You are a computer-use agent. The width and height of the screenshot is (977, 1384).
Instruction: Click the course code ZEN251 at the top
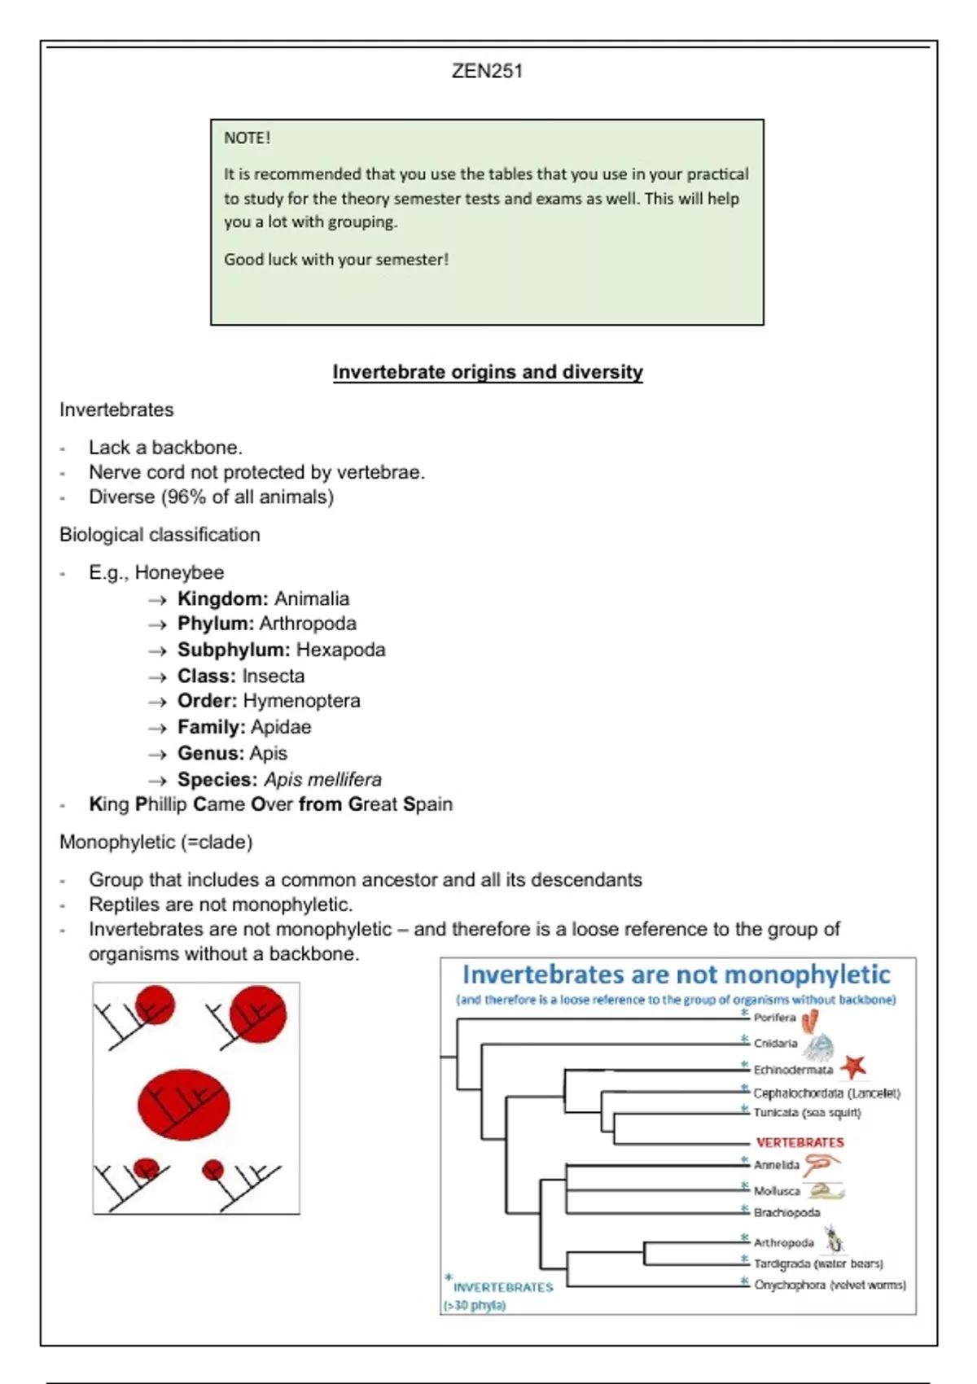pos(487,72)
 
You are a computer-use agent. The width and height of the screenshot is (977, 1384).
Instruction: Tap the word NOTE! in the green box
pos(247,138)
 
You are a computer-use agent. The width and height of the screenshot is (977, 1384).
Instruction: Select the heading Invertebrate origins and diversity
pos(488,372)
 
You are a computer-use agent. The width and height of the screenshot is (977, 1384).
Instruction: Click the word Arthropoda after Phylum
pos(308,624)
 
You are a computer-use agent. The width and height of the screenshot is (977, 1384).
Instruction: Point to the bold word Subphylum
pos(233,650)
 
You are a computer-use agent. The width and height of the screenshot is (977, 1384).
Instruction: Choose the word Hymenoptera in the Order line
pos(302,701)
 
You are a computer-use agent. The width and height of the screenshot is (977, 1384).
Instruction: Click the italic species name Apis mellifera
pos(322,779)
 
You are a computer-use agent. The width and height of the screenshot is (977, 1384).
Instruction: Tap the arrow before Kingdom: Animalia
pos(157,600)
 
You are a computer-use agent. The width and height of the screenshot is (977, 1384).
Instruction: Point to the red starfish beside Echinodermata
pos(852,1066)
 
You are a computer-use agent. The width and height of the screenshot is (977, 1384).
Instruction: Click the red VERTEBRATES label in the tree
pos(800,1142)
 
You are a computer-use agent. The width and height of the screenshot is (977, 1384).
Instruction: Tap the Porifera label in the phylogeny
pos(774,1018)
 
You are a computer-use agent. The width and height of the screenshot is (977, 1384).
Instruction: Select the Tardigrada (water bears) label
pos(818,1264)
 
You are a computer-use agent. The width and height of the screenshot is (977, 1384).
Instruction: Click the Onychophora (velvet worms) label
pos(830,1285)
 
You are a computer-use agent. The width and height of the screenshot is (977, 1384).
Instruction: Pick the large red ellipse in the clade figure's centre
pos(184,1105)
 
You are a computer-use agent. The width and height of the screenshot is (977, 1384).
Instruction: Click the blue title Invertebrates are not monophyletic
pos(676,974)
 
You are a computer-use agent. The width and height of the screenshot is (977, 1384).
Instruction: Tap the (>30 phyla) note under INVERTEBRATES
pos(475,1305)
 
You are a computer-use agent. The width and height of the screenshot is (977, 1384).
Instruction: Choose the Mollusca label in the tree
pos(777,1191)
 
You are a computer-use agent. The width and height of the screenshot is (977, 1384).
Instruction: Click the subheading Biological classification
pos(160,535)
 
